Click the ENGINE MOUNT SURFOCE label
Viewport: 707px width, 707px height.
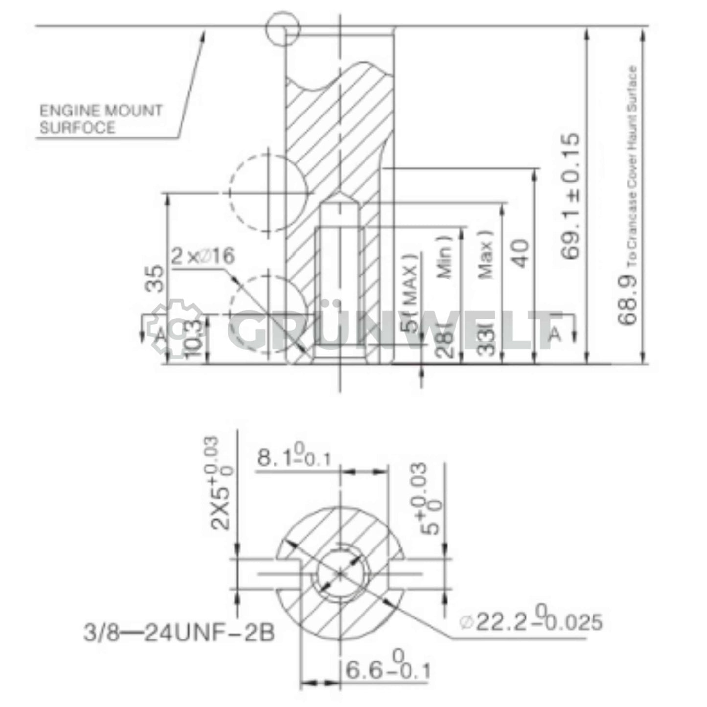(x=100, y=119)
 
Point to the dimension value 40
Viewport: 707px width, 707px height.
(x=522, y=253)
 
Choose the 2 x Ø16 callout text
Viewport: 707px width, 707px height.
(x=203, y=256)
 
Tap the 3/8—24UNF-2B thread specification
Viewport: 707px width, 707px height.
(x=179, y=633)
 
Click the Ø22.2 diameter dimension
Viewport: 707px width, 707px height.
(x=530, y=622)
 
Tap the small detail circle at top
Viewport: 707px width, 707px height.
(x=282, y=28)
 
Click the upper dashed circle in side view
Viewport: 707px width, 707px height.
(x=269, y=192)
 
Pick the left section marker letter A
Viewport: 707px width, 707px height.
(x=160, y=334)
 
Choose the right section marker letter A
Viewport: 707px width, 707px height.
(x=556, y=333)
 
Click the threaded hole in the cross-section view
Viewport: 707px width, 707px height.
(x=341, y=572)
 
